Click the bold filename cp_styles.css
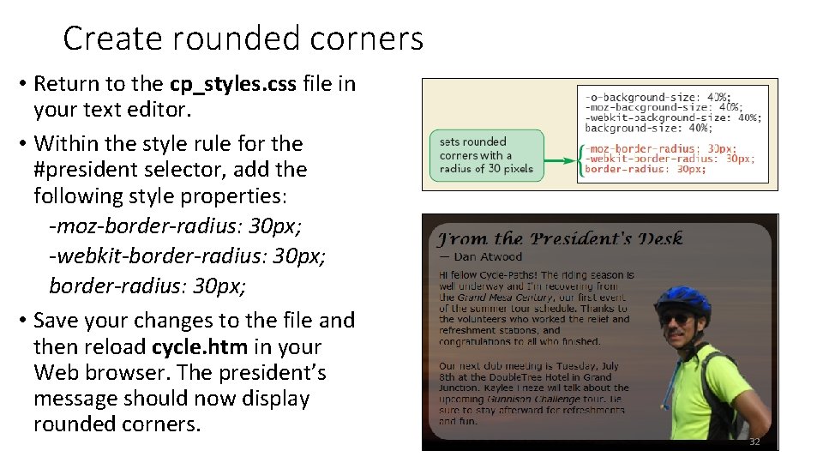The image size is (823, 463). (233, 84)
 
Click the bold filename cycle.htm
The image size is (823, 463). (200, 347)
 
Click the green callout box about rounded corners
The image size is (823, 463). (486, 155)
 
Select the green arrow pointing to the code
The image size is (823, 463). (562, 160)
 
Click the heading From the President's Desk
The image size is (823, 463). (560, 238)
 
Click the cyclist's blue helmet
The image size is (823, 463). (682, 299)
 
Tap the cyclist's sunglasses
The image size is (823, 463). (676, 321)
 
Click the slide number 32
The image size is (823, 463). (754, 442)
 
